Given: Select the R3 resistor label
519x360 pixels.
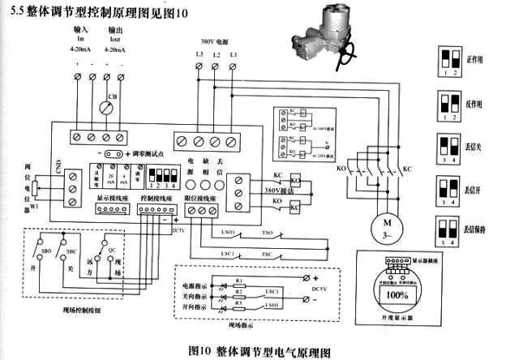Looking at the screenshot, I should [x=238, y=302].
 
